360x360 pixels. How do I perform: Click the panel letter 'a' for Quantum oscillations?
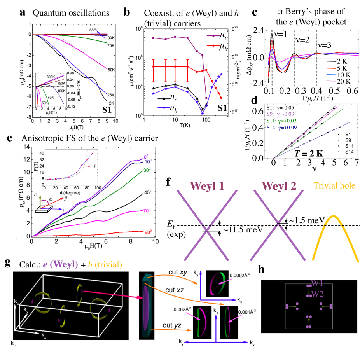(23, 12)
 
